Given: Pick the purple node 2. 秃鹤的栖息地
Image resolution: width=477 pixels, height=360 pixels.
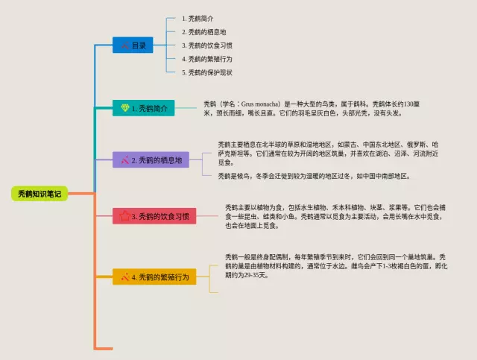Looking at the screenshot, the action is pyautogui.click(x=151, y=160).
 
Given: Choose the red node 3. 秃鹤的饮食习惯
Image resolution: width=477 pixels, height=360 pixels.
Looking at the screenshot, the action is pyautogui.click(x=154, y=217).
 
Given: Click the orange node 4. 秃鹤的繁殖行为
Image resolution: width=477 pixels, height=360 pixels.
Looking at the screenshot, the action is pyautogui.click(x=154, y=277).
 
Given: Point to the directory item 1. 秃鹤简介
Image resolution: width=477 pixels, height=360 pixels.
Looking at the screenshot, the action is pyautogui.click(x=198, y=18).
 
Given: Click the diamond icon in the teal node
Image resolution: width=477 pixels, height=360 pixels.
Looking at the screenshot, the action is pyautogui.click(x=124, y=109).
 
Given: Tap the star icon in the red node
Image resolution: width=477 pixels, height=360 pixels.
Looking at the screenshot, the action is pyautogui.click(x=124, y=217).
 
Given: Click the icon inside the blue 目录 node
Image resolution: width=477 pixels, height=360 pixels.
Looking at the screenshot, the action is pyautogui.click(x=124, y=45).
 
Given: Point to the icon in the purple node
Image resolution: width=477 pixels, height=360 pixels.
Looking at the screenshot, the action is pyautogui.click(x=124, y=160).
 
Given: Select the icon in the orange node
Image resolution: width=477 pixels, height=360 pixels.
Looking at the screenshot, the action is pyautogui.click(x=124, y=277).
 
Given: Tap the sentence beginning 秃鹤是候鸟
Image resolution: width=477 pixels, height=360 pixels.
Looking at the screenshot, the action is pyautogui.click(x=313, y=177).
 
